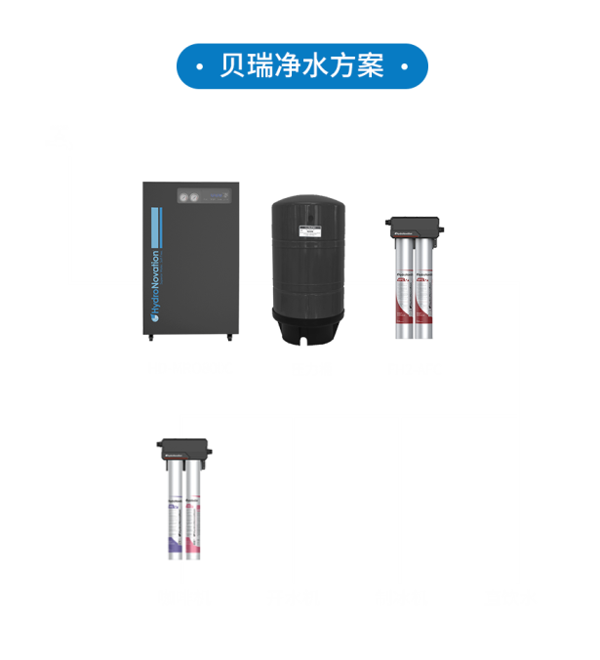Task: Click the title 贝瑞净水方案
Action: (x=301, y=66)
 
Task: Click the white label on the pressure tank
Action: (x=309, y=231)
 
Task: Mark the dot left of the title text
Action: (x=199, y=67)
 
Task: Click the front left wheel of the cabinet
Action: (x=149, y=339)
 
